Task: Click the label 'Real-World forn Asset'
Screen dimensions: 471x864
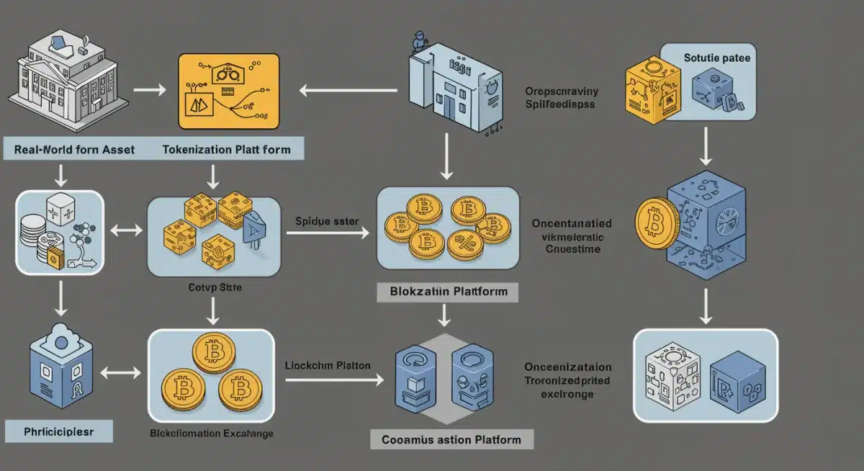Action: click(x=75, y=150)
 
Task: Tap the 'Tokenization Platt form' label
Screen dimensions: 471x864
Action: click(x=227, y=150)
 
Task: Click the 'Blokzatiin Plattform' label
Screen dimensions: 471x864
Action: click(x=447, y=292)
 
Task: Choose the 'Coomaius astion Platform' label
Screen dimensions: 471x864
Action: click(x=451, y=439)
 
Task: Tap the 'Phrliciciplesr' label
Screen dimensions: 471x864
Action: click(x=59, y=431)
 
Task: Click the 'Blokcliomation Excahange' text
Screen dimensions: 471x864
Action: click(x=211, y=434)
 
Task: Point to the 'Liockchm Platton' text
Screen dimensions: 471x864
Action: click(x=328, y=366)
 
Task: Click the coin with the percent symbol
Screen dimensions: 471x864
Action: click(x=464, y=244)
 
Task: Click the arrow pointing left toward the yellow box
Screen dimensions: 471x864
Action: click(x=348, y=91)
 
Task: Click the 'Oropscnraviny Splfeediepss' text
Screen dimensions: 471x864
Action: click(x=562, y=98)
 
